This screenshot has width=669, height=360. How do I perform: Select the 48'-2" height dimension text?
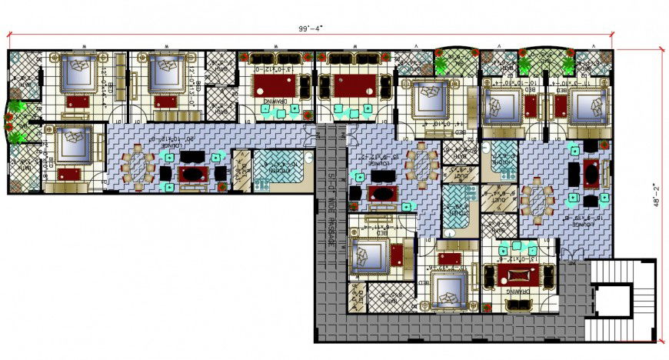[658, 196]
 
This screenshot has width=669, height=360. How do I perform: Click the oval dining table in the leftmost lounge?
[138, 166]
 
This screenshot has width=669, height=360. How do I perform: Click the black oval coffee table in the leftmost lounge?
[193, 173]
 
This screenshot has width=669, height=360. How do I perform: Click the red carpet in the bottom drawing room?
[518, 275]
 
